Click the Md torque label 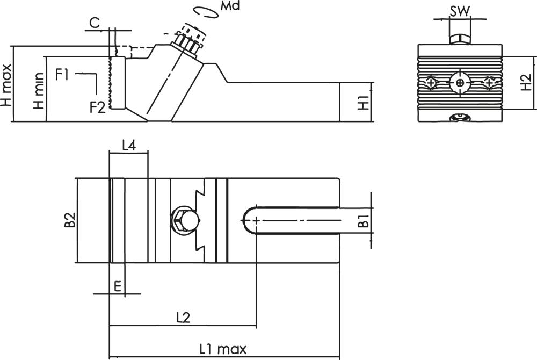point(230,6)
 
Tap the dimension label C point(95,23)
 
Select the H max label point(6,85)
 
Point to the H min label point(39,91)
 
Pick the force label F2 point(97,107)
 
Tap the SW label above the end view point(460,12)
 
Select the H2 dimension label point(526,83)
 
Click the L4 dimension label point(129,146)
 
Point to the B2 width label point(69,220)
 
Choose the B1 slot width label point(364,221)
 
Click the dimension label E point(118,286)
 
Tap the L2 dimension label point(183,318)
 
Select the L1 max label point(223,349)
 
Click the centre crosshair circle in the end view point(460,83)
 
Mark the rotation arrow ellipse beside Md point(206,12)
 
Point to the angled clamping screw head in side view point(188,40)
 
